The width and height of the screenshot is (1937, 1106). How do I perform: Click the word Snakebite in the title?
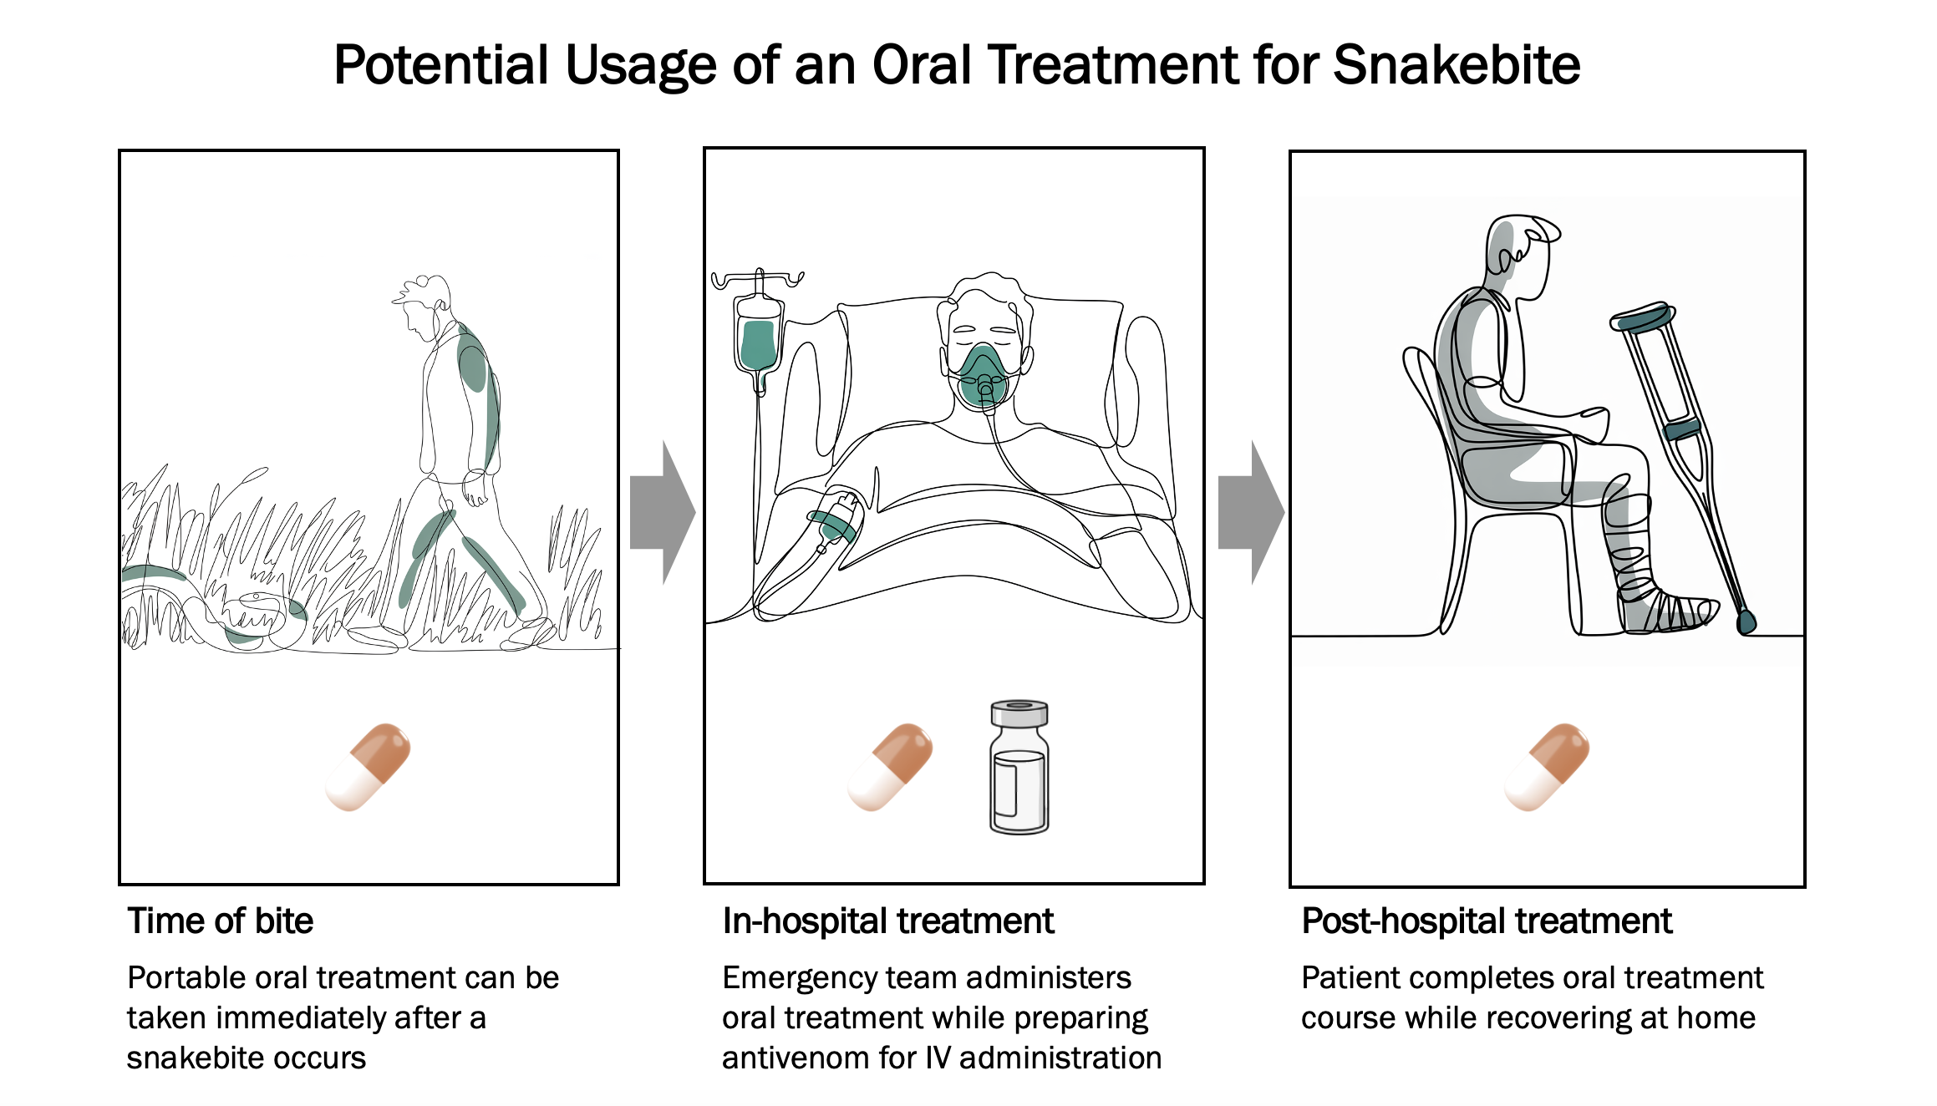1457,64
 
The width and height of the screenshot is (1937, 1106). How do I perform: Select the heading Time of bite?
220,921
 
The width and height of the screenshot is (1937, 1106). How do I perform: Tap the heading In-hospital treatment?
887,921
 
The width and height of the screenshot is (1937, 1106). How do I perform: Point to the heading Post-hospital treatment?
1487,921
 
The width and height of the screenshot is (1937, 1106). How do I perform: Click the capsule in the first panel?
368,767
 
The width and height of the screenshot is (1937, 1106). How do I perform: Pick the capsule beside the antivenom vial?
890,767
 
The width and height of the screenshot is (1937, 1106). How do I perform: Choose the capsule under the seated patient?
1547,767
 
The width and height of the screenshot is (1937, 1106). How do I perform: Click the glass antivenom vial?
1019,767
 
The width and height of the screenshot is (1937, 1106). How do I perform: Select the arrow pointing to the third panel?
1251,513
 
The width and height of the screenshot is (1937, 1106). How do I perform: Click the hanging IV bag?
758,344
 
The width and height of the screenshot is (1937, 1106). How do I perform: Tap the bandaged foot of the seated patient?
1667,612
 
